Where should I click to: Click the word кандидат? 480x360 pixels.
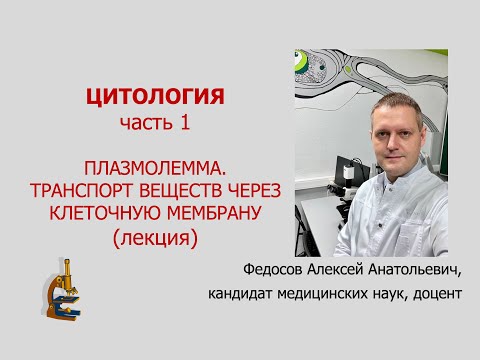(240, 293)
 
